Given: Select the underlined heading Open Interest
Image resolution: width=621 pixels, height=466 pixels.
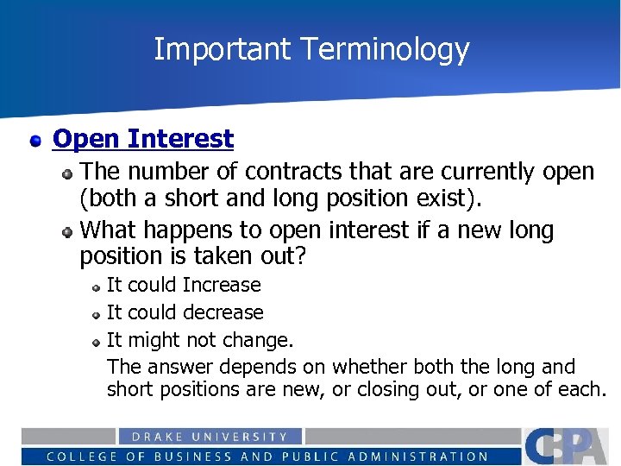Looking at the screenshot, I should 143,139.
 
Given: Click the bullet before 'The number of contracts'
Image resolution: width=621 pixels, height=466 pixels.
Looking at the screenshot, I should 67,173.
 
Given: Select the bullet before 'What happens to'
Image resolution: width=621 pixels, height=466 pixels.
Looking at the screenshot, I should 67,231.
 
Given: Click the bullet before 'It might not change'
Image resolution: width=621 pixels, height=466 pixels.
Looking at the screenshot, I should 97,341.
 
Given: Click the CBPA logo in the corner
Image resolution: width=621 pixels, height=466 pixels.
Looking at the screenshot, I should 568,445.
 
